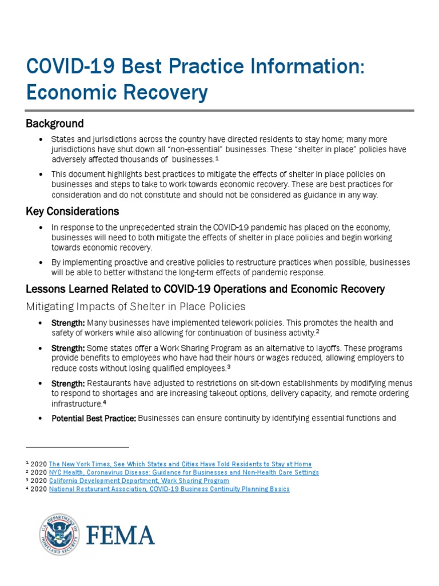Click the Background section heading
tap(55, 124)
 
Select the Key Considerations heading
tap(73, 212)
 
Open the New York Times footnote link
tap(180, 464)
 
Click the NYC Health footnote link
tap(183, 472)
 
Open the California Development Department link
tap(139, 481)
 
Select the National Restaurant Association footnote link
tap(169, 489)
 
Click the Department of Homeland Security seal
tap(59, 534)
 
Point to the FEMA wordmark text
tap(121, 535)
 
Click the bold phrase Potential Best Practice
tap(94, 418)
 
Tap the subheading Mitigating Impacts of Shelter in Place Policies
tap(136, 307)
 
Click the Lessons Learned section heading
tap(205, 290)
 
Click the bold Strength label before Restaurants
tap(68, 383)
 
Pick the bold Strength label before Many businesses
tap(68, 323)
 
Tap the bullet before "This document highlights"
tap(40, 174)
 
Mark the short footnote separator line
tap(77, 446)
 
